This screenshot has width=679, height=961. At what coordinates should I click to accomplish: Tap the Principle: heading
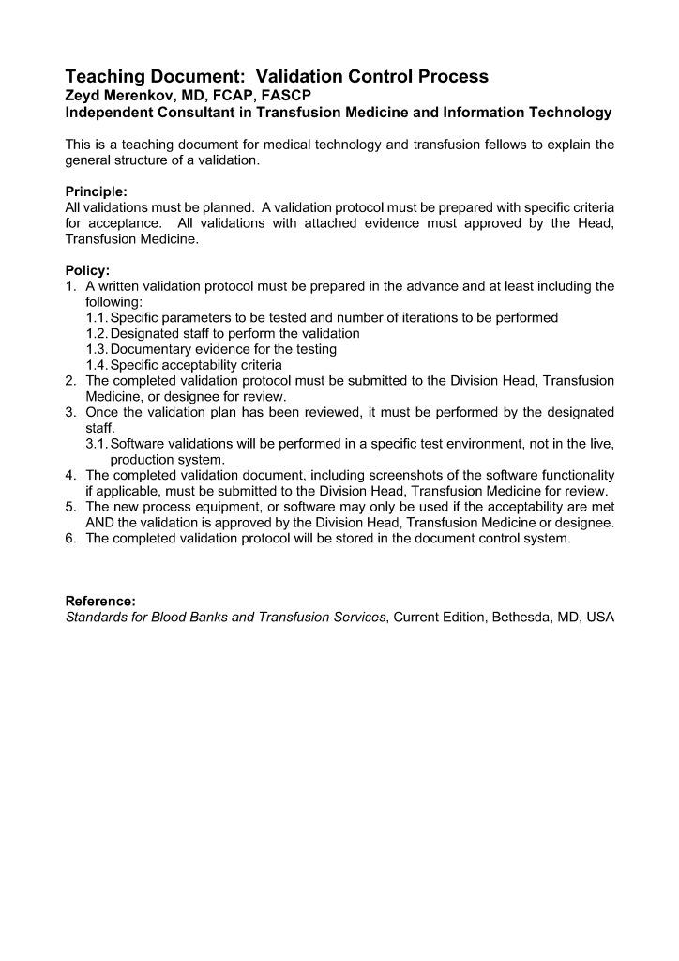tap(96, 191)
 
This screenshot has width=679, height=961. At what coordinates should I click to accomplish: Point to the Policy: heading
tap(87, 270)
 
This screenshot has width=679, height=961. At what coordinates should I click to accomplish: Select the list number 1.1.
tap(97, 318)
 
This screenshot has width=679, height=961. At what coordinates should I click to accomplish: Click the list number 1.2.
tap(97, 333)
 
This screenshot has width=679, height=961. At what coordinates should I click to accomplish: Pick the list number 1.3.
tap(97, 349)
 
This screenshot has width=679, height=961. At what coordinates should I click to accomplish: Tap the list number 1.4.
tap(97, 365)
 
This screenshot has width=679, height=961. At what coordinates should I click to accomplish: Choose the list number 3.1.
tap(97, 444)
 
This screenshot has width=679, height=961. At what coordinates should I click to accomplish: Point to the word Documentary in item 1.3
tap(154, 349)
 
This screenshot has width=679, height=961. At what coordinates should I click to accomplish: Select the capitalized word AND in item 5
tap(101, 522)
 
